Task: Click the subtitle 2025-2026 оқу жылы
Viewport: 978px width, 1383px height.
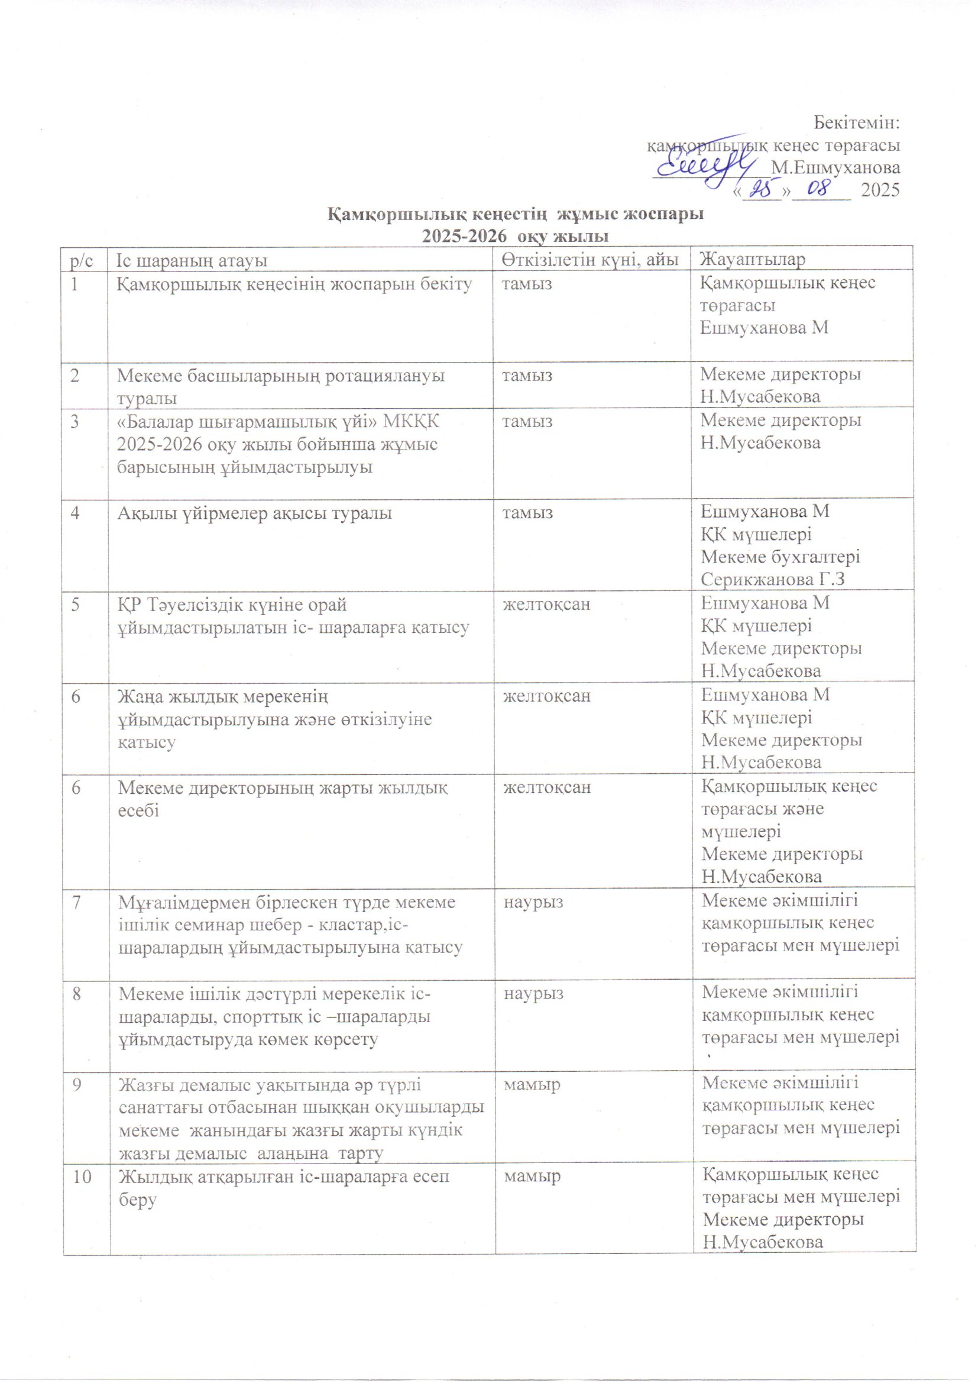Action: [516, 236]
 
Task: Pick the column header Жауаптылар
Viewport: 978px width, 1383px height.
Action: [752, 260]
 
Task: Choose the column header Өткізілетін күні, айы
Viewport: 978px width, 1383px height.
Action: [587, 260]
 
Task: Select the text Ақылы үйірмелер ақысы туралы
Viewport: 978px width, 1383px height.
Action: [255, 513]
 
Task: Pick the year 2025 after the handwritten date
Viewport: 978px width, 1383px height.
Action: [880, 190]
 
